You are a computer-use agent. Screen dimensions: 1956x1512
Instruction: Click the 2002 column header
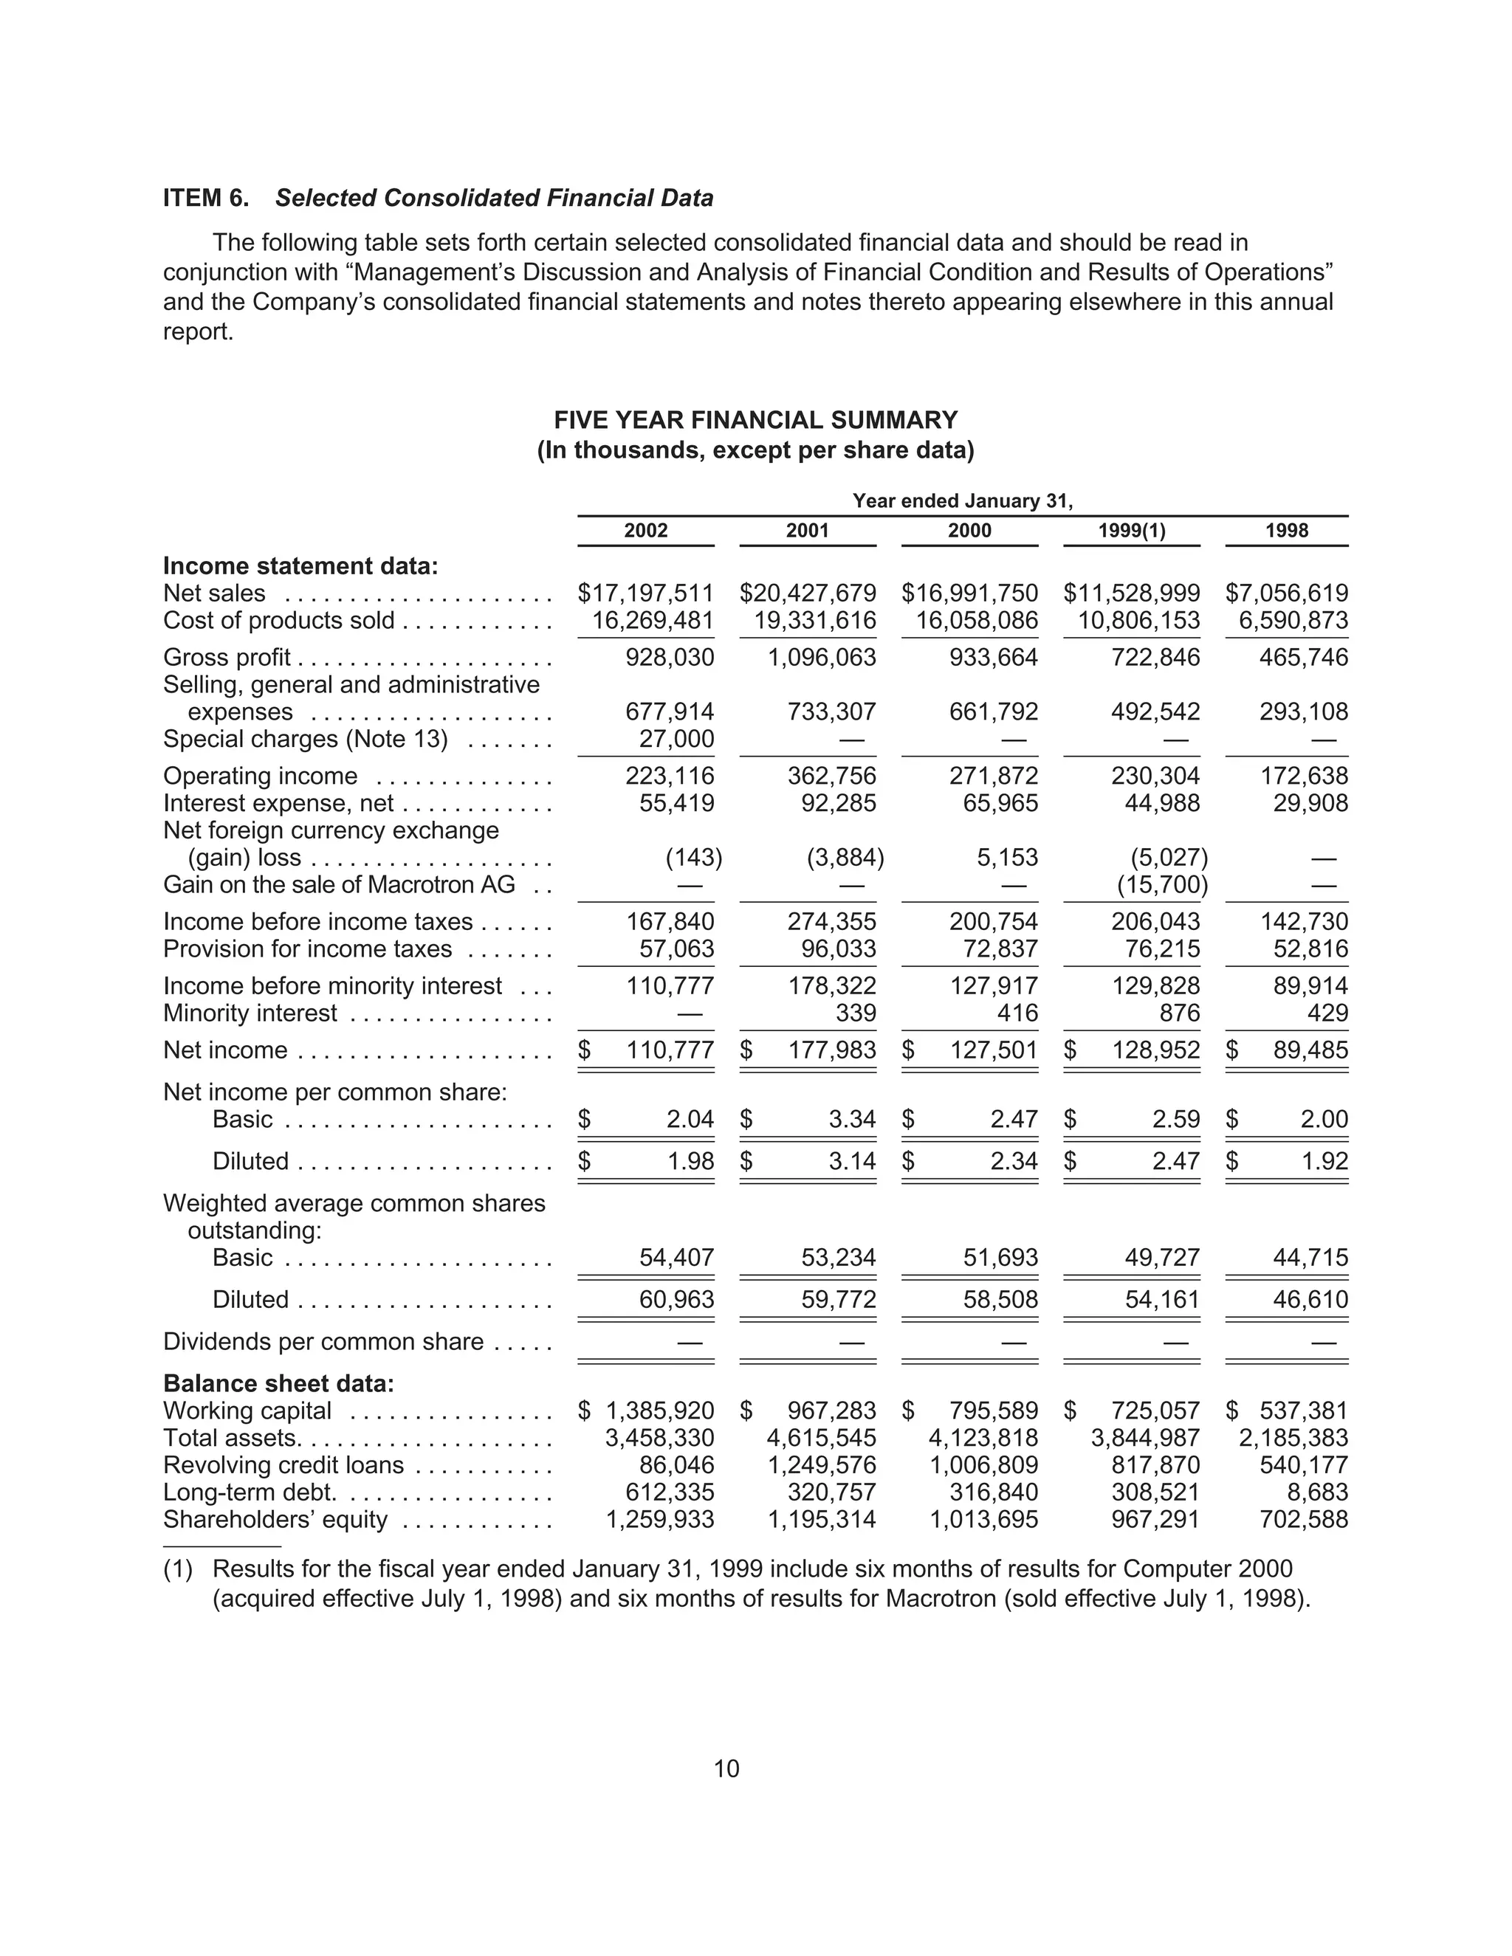646,530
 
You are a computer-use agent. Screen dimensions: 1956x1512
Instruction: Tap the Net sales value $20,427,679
807,593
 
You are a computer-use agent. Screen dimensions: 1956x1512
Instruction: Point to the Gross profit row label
227,658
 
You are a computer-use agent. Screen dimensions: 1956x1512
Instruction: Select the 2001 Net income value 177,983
831,1050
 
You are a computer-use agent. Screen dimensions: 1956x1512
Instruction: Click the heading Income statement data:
300,566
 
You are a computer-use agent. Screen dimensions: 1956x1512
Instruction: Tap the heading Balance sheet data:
278,1384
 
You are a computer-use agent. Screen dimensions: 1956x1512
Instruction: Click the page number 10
726,1769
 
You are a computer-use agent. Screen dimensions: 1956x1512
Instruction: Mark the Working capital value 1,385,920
659,1411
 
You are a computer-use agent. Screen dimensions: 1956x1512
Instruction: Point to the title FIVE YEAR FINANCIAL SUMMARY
755,420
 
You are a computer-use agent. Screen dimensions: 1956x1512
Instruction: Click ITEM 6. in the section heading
206,198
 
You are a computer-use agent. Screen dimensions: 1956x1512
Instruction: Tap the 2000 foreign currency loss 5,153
1007,857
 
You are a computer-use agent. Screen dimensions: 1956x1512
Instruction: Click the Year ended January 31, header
962,500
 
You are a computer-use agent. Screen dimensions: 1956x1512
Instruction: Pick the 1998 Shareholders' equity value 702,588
1303,1519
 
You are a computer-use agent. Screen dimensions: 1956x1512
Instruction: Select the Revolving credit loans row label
283,1465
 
